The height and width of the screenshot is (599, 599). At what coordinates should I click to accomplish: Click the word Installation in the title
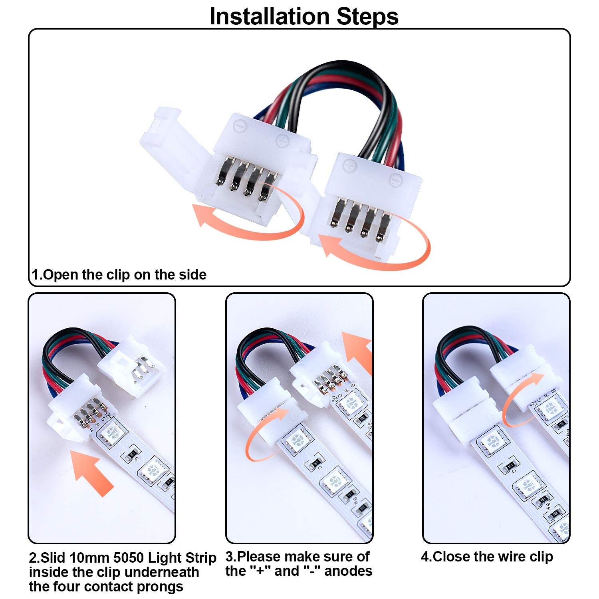(270, 17)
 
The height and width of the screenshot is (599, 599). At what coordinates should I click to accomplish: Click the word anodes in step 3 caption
(348, 571)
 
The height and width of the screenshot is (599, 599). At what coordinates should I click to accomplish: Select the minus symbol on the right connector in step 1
(395, 181)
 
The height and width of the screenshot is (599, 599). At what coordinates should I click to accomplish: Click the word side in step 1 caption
(192, 275)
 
